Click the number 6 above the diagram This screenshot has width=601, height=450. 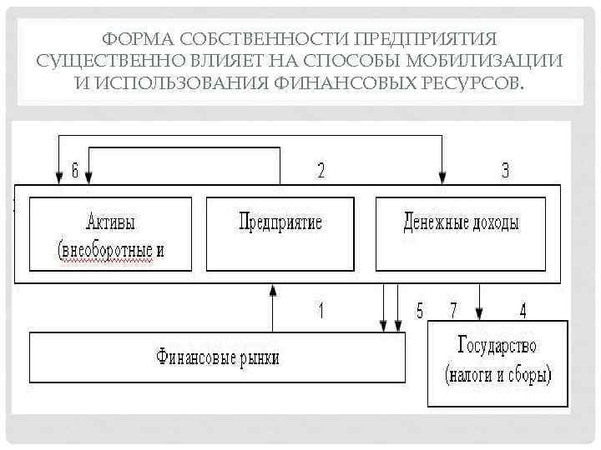[x=75, y=171]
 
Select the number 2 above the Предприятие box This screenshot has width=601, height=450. [x=321, y=171]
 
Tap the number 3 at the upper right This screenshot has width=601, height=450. [x=505, y=171]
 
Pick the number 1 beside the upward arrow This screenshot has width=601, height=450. [x=321, y=311]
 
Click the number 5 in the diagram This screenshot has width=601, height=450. [x=421, y=311]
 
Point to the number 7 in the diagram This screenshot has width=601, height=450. [x=454, y=311]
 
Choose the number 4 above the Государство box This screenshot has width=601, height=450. [x=523, y=311]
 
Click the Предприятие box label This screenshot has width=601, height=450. [x=280, y=222]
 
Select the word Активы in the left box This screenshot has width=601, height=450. [x=110, y=222]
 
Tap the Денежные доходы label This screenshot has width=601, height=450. [x=461, y=222]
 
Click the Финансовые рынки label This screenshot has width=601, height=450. [x=218, y=358]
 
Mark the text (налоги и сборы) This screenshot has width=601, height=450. [x=498, y=375]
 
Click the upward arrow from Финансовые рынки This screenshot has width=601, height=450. [x=273, y=308]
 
